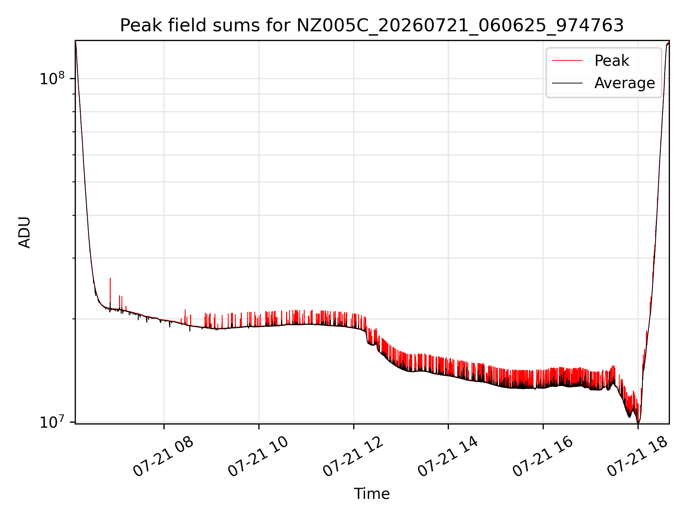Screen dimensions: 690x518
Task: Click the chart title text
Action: click(372, 26)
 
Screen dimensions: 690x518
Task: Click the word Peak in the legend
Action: click(612, 60)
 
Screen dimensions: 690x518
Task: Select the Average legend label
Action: click(625, 83)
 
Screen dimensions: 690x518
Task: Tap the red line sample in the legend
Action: click(567, 60)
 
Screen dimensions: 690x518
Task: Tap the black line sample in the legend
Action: click(567, 83)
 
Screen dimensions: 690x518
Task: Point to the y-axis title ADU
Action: click(24, 232)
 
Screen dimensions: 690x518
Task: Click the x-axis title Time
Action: click(372, 494)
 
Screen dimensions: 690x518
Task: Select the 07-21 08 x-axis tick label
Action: click(164, 457)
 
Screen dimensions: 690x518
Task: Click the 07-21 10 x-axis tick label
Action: click(258, 457)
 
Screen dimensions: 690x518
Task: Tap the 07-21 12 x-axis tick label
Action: click(353, 457)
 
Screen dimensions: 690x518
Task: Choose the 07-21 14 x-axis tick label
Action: click(448, 457)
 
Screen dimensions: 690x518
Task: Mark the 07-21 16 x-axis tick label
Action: click(543, 457)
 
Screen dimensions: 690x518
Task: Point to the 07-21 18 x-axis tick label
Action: click(638, 457)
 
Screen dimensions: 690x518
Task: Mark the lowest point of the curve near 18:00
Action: click(638, 423)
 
